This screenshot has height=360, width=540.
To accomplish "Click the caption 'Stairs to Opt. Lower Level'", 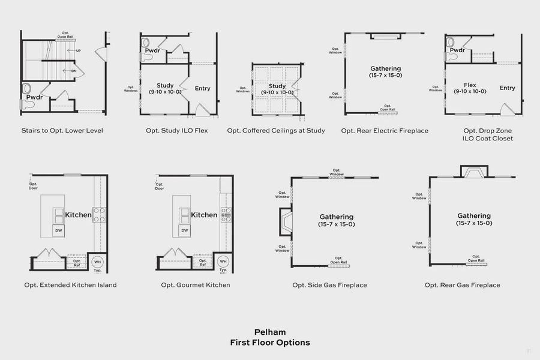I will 62,130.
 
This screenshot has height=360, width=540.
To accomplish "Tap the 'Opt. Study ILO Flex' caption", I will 176,130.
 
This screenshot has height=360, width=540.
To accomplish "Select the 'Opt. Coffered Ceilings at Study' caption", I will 276,130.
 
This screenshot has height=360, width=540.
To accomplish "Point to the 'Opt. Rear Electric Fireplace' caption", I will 385,130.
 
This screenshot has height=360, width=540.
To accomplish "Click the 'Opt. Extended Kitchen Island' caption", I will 70,285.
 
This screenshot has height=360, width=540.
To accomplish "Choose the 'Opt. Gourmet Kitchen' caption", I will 195,285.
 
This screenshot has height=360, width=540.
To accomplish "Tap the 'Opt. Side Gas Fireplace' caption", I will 329,285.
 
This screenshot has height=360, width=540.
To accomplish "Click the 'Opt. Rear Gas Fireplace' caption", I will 462,285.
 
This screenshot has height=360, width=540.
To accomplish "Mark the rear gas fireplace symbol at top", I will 474,172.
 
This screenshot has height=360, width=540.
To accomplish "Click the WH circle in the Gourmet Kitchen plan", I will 223,262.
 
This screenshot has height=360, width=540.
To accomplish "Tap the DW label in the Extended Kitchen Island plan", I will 58,230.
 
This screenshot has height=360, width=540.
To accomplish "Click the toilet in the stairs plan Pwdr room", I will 28,91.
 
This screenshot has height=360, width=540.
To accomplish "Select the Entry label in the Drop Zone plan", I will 508,88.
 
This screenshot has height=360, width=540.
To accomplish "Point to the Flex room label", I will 470,85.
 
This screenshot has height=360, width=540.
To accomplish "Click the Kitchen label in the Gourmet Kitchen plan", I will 204,215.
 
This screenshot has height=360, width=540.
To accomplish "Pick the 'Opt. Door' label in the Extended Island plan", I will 33,186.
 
